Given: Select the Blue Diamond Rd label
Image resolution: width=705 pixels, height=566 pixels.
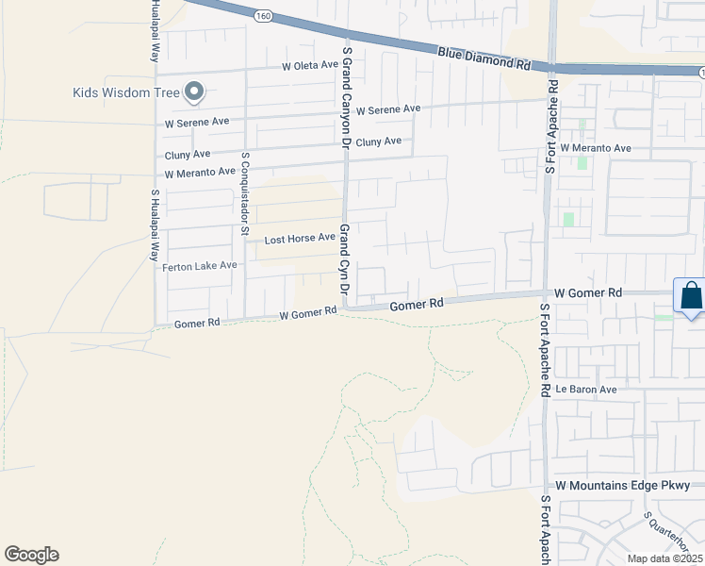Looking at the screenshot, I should [484, 58].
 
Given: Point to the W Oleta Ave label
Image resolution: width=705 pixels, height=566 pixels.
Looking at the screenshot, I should [309, 66].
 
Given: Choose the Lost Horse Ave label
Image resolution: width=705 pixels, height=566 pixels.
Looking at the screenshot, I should [300, 239].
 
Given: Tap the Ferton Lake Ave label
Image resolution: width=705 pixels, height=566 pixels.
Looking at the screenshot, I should [200, 266].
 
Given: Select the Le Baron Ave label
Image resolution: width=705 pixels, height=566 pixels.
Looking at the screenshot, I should [585, 389].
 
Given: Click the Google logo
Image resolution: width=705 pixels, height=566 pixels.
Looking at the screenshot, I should [31, 555].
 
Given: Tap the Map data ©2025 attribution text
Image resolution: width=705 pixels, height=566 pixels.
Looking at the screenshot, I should [664, 558].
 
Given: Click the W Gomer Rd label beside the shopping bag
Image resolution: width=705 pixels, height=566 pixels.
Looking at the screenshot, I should [588, 293].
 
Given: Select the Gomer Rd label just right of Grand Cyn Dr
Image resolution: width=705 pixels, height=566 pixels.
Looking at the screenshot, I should [417, 305].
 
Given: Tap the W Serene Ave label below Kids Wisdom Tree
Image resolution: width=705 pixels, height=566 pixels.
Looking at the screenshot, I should [197, 122].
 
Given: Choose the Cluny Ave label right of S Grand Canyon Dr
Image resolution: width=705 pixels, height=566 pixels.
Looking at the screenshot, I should [379, 141].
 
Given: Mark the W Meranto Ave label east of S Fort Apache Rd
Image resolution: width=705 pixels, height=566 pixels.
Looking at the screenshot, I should [595, 148].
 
